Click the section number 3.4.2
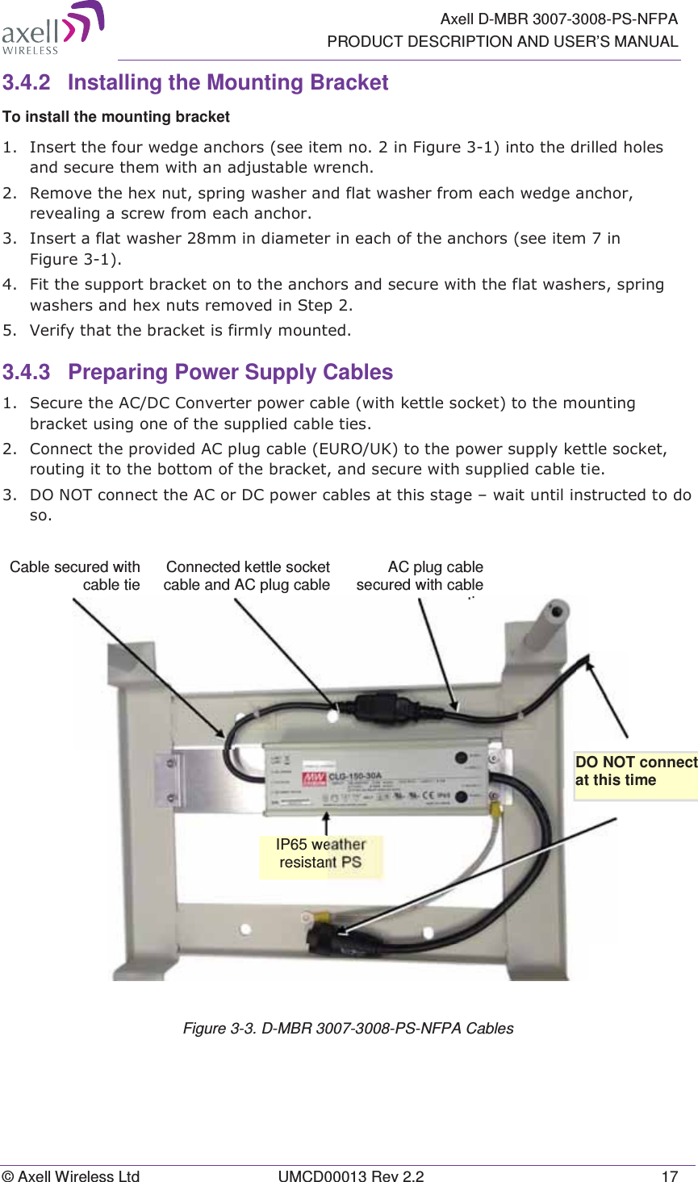tap(26, 83)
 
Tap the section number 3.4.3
tap(26, 373)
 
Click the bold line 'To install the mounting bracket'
tap(116, 117)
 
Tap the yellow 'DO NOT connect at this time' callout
tap(635, 772)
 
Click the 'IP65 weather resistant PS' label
tap(320, 854)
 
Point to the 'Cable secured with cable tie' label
tap(75, 576)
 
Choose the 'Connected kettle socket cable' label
tap(247, 576)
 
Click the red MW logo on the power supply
tap(314, 779)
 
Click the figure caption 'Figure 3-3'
tap(348, 1029)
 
